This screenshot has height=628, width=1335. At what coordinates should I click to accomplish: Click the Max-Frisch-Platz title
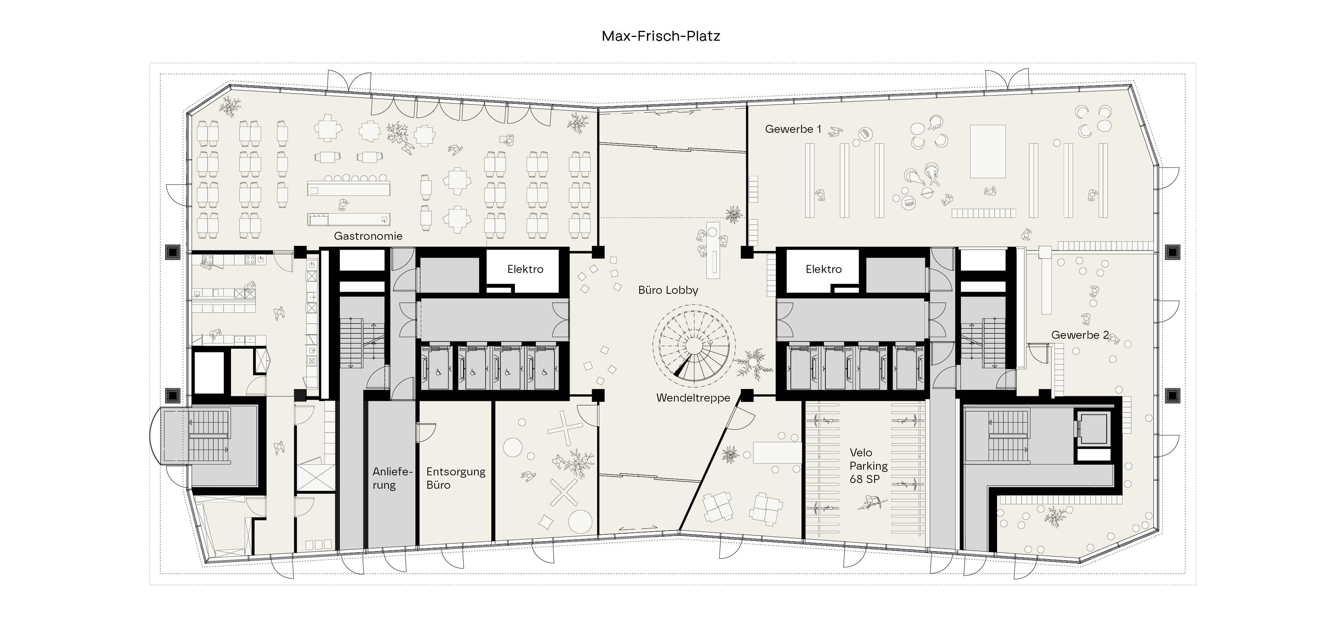[661, 36]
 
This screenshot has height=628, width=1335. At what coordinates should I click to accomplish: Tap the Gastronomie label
[368, 236]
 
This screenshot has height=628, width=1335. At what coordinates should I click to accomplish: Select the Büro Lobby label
[668, 290]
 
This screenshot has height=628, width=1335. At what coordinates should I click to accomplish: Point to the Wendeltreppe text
[693, 398]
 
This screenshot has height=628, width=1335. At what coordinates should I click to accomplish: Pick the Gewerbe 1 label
[793, 129]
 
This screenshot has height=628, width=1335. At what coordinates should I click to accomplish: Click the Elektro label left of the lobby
[525, 269]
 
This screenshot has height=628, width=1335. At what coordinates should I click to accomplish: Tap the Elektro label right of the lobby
[824, 269]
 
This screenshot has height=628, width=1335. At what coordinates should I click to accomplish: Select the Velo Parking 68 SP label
[868, 466]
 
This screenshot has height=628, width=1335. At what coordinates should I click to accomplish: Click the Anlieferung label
[392, 478]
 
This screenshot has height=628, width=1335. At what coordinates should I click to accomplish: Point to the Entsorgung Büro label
[456, 478]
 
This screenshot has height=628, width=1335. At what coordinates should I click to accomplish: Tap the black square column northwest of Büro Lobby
[598, 252]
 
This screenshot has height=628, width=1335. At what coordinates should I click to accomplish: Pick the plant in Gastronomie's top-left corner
[229, 107]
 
